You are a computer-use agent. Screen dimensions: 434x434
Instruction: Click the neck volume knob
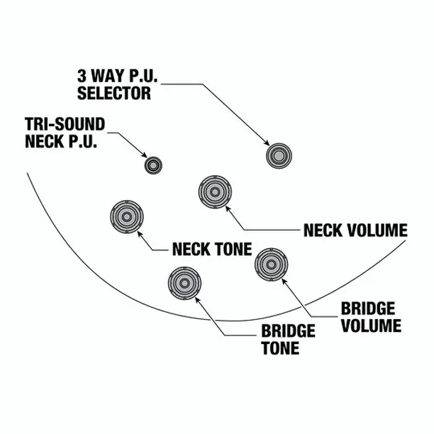pyautogui.click(x=215, y=191)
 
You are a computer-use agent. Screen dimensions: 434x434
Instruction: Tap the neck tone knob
pyautogui.click(x=127, y=217)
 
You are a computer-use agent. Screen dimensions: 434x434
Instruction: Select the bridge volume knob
pyautogui.click(x=271, y=265)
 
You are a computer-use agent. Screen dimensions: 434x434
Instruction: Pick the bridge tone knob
pyautogui.click(x=184, y=283)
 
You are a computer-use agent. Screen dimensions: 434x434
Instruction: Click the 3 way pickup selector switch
pyautogui.click(x=279, y=156)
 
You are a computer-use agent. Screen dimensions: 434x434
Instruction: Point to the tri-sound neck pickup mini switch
pyautogui.click(x=153, y=165)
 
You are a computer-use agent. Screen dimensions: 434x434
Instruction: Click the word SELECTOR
pyautogui.click(x=114, y=94)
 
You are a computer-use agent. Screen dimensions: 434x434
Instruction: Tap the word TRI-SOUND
pyautogui.click(x=65, y=124)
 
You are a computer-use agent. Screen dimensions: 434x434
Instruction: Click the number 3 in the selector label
pyautogui.click(x=82, y=76)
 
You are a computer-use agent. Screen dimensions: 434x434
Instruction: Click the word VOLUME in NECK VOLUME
pyautogui.click(x=377, y=230)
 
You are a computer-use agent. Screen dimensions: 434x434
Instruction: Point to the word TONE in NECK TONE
pyautogui.click(x=233, y=249)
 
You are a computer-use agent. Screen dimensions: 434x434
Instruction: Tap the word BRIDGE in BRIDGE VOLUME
pyautogui.click(x=368, y=308)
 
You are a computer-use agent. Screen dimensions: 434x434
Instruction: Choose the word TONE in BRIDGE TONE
pyautogui.click(x=280, y=348)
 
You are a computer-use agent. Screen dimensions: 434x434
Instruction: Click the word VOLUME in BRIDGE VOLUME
pyautogui.click(x=371, y=325)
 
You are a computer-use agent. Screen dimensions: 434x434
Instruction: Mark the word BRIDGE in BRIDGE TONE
pyautogui.click(x=289, y=331)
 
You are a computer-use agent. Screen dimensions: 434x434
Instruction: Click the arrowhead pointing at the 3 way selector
pyautogui.click(x=267, y=143)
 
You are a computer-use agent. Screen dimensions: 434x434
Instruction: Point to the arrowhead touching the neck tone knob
pyautogui.click(x=140, y=233)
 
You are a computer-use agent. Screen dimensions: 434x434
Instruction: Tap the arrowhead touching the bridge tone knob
pyautogui.click(x=197, y=300)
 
